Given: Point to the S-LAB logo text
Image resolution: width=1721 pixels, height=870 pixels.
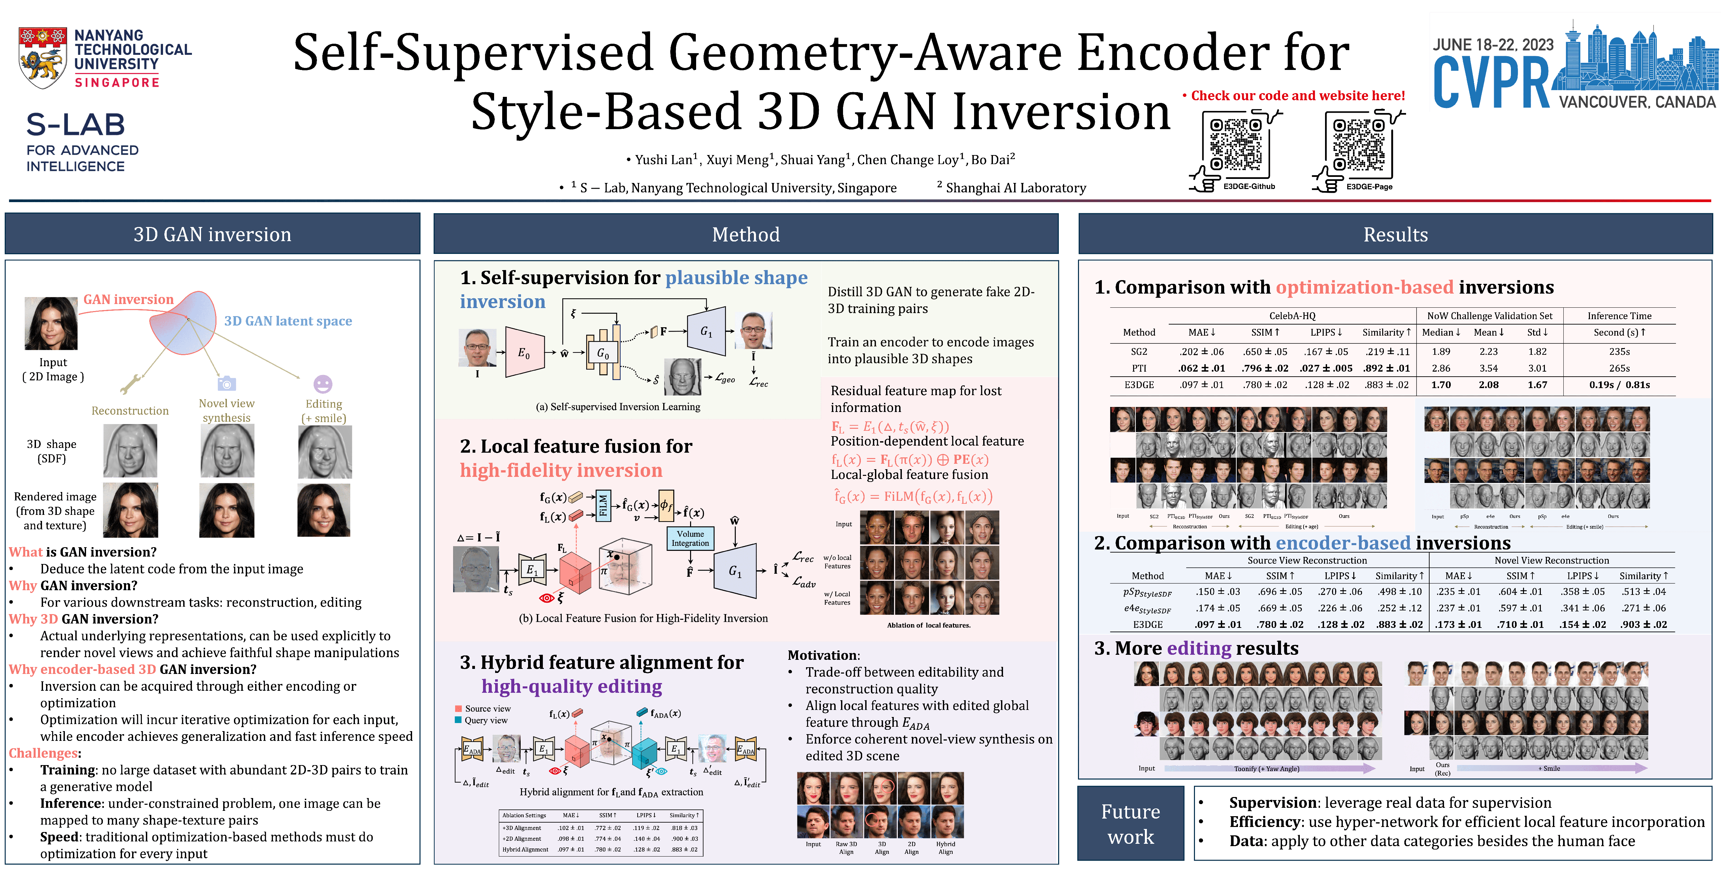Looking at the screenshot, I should [76, 125].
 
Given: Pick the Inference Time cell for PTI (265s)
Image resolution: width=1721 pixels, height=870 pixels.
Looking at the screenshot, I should [1619, 368].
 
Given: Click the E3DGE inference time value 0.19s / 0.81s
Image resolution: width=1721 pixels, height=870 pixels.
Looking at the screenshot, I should [1619, 385].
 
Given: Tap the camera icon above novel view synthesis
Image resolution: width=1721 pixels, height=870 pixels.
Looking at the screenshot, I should [227, 384].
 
